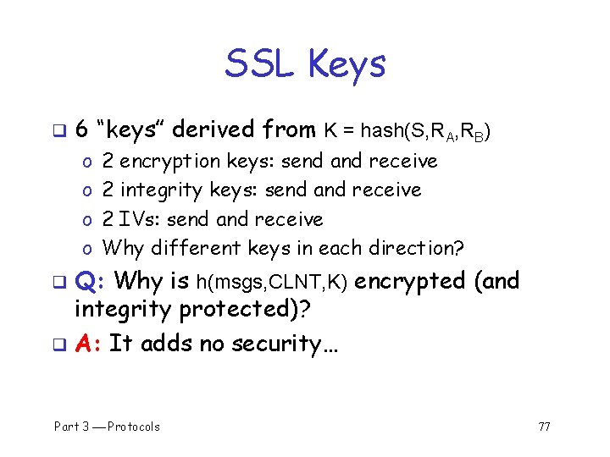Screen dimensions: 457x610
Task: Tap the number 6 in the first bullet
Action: (81, 129)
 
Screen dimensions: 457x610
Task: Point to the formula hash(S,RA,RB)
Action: (424, 131)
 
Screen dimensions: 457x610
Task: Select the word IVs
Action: (141, 219)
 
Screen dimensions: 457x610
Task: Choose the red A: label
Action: (88, 343)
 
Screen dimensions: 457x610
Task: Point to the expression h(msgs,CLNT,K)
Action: (272, 282)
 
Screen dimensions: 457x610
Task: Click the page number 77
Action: (544, 427)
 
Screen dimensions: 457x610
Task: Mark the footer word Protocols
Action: (134, 427)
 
